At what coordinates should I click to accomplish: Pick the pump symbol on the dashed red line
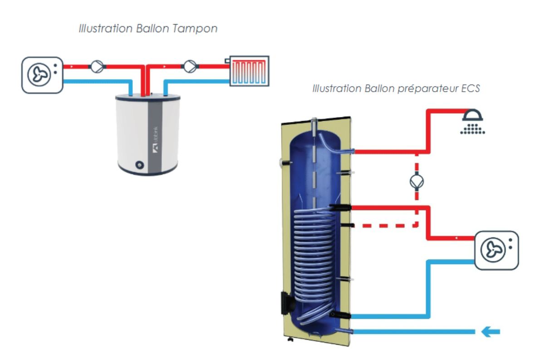pyautogui.click(x=417, y=181)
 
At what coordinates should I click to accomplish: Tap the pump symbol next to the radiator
pyautogui.click(x=190, y=67)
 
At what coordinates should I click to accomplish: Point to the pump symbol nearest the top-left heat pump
pyautogui.click(x=96, y=67)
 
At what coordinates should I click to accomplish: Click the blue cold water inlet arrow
pyautogui.click(x=490, y=332)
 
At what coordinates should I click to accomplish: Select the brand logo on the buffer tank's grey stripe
pyautogui.click(x=154, y=146)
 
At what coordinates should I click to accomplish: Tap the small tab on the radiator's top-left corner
pyautogui.click(x=227, y=59)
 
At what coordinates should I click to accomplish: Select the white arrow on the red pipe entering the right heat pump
pyautogui.click(x=457, y=237)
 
